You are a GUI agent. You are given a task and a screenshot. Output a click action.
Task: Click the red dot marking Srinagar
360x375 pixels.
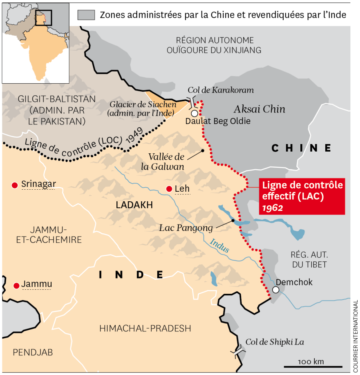point(15,185)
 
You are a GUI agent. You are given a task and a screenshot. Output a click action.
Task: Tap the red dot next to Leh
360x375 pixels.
point(169,189)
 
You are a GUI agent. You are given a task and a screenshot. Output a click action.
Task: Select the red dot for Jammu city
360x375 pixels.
point(16,286)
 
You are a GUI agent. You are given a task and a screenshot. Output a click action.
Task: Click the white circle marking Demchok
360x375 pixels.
point(276,290)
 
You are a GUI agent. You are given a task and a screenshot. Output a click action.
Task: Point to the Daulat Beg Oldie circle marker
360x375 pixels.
point(194,113)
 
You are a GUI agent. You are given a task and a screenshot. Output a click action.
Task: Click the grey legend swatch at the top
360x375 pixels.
point(86,15)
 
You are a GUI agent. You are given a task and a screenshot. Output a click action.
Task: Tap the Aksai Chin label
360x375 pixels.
point(259,109)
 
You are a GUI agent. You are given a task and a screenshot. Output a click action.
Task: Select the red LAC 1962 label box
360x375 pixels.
point(302,196)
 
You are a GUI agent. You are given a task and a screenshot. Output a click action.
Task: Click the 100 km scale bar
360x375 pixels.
point(313,366)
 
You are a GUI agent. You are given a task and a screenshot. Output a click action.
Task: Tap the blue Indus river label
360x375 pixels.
point(220,245)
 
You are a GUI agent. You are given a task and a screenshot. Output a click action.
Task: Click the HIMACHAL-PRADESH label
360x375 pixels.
point(145,329)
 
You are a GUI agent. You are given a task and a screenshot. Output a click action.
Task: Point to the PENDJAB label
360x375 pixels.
point(33,352)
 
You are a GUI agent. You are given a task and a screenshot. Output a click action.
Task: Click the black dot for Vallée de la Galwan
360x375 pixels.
point(203,150)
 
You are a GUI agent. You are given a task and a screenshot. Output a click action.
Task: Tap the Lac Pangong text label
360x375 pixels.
point(186,228)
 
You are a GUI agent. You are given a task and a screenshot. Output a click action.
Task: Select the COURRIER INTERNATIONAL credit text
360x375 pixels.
point(355,336)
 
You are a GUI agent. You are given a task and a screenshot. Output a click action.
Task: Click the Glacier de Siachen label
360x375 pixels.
point(142,108)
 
